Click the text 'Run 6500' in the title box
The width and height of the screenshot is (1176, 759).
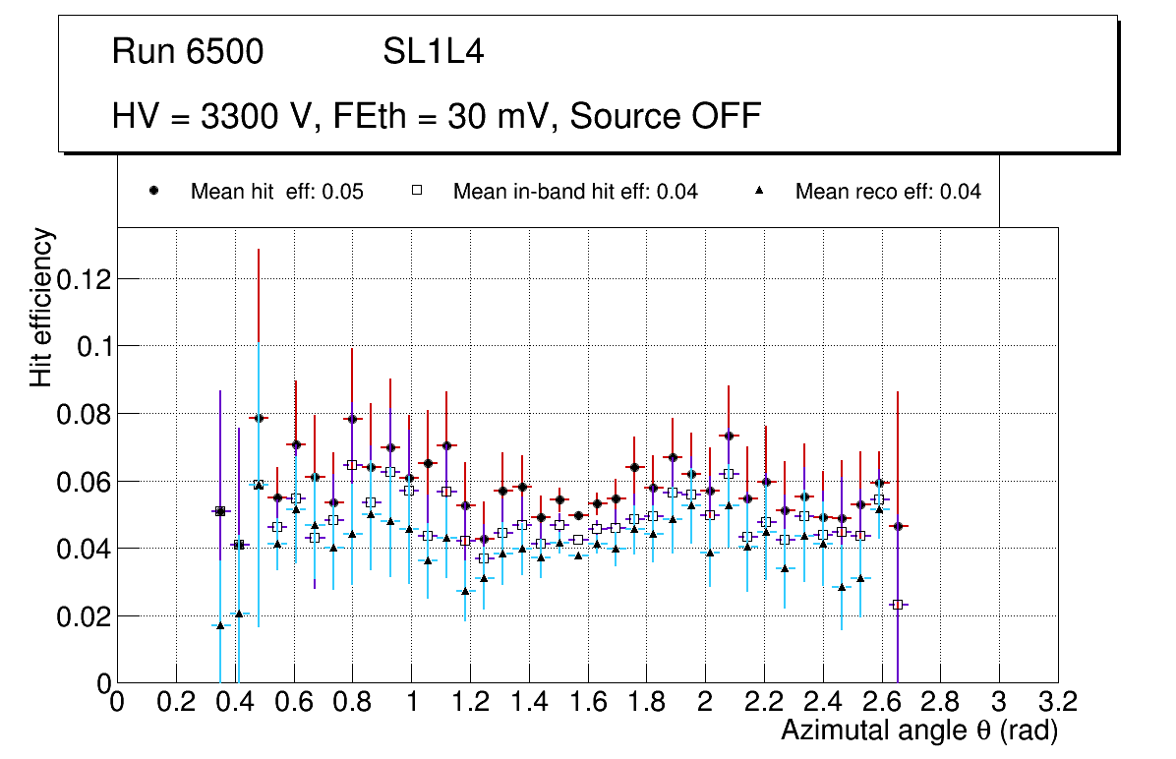pos(188,52)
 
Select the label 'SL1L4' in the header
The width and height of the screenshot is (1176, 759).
pos(433,52)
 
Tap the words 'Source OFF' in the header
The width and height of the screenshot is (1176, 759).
pos(666,116)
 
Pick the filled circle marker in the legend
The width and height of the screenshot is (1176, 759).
pos(154,191)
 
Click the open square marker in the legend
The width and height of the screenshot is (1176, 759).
pos(417,191)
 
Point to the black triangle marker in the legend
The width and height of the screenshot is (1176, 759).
pos(759,191)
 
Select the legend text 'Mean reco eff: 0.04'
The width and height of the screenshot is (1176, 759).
pos(888,192)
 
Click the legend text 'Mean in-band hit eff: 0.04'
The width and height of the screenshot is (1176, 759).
pos(575,192)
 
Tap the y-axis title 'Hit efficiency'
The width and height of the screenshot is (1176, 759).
pos(41,308)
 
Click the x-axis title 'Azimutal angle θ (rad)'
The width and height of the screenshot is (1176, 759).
pos(919,730)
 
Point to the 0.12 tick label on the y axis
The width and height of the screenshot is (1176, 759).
pos(83,279)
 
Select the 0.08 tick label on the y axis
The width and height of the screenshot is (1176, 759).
pos(83,414)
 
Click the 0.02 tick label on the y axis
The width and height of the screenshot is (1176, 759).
pos(83,616)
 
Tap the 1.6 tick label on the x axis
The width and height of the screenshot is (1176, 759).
pos(587,702)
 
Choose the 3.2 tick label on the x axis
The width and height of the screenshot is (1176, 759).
pos(1057,702)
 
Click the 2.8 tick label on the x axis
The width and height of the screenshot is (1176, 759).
pos(940,702)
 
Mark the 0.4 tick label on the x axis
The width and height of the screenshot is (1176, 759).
pos(234,702)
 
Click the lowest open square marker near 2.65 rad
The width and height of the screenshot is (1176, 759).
pos(897,605)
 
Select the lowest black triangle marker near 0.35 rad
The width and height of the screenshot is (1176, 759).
pos(220,625)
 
